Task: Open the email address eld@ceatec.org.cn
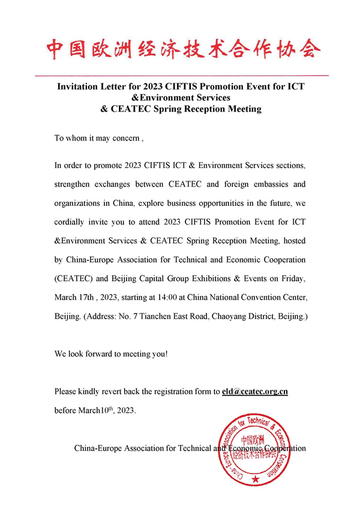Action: point(255,391)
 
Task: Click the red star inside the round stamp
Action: point(256,480)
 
